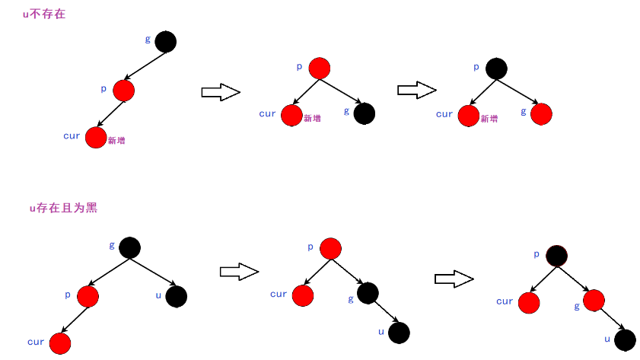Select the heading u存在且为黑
[63, 208]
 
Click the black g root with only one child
[165, 42]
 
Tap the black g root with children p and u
[129, 247]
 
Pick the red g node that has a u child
[594, 301]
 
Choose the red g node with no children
[541, 114]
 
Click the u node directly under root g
[176, 296]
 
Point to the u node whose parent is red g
[625, 339]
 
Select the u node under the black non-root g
[399, 333]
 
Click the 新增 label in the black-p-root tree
[489, 119]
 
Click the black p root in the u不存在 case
[496, 68]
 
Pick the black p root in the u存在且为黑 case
[556, 255]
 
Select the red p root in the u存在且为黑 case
[330, 248]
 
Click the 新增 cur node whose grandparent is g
[96, 138]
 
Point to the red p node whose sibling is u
[88, 296]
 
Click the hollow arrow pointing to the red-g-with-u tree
[454, 279]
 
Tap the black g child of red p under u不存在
[365, 114]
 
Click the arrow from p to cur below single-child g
[111, 113]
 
